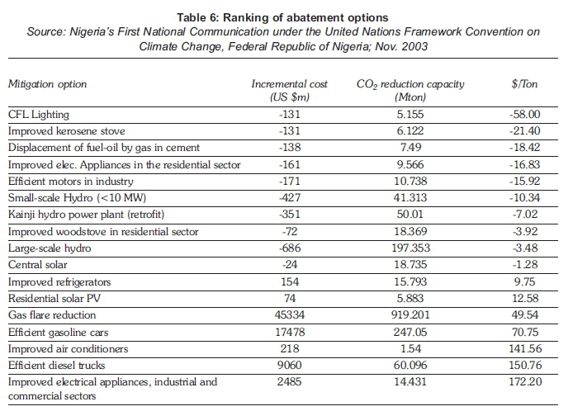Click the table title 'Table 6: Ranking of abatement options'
282,17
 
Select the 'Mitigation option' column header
48,84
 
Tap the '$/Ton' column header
524,84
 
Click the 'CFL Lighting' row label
38,115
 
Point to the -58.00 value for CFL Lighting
525,115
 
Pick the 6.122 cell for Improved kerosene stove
410,130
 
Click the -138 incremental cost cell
290,147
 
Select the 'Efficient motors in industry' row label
70,182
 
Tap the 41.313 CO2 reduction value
410,197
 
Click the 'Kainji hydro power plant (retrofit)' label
86,215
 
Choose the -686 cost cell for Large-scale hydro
290,248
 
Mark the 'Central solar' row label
38,265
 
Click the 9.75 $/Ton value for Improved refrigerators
525,281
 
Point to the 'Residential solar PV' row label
54,299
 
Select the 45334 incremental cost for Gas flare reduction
290,315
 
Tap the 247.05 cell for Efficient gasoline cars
410,332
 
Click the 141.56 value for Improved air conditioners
525,348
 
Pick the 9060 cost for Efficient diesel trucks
290,365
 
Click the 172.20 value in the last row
525,382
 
